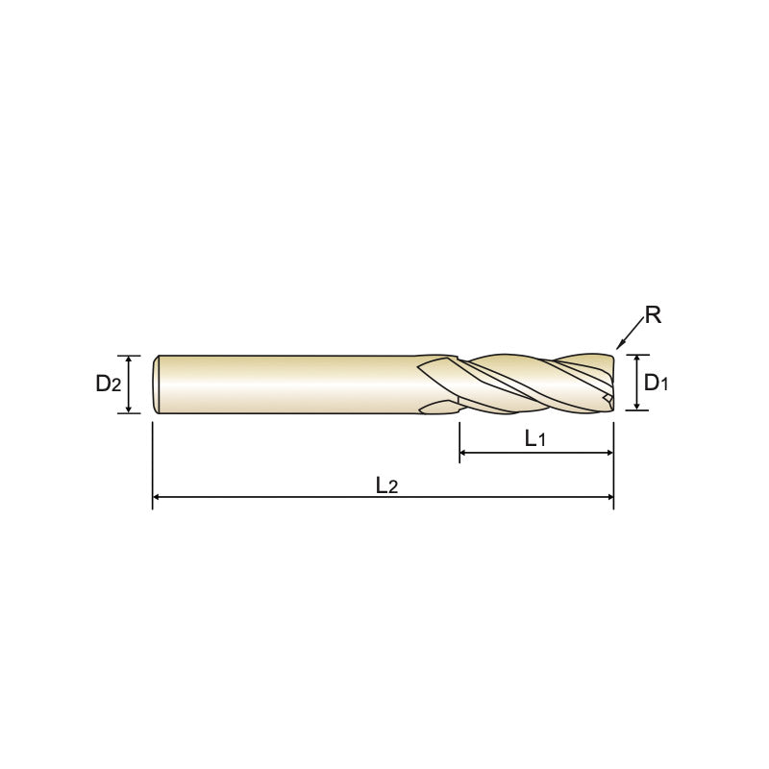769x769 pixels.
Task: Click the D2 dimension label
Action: [x=109, y=384]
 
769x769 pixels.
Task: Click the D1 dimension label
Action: [x=657, y=383]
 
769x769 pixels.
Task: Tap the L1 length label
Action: [x=535, y=438]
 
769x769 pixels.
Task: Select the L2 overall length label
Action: [x=387, y=485]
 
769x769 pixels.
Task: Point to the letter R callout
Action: [x=653, y=315]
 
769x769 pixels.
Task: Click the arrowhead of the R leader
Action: [x=619, y=345]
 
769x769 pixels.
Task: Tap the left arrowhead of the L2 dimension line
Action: [x=157, y=497]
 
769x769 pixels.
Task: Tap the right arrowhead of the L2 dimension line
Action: [x=609, y=497]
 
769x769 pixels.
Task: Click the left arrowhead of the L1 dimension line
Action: [x=463, y=453]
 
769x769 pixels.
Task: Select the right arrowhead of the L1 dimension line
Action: [x=609, y=453]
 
